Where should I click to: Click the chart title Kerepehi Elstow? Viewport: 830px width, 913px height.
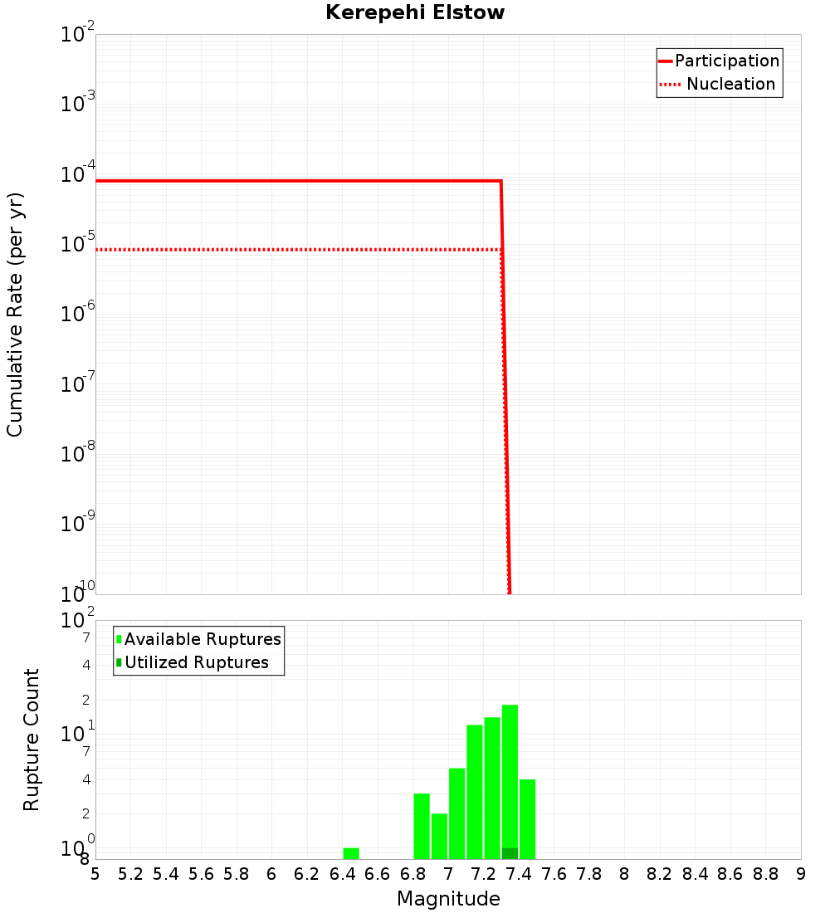[415, 12]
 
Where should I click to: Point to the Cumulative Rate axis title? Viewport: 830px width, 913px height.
[15, 314]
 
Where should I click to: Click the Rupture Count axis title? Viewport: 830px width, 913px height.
[32, 739]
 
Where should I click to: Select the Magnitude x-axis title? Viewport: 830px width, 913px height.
[448, 899]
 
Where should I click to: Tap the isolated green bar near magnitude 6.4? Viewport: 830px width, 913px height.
[351, 853]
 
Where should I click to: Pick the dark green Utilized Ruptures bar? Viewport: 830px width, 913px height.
[510, 853]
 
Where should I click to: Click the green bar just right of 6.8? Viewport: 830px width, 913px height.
[422, 826]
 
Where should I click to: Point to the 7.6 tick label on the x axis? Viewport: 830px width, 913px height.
[554, 874]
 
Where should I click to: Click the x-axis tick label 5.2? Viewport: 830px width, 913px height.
[130, 874]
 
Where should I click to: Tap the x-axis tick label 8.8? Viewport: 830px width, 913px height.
[765, 874]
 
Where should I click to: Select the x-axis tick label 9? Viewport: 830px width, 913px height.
[801, 874]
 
